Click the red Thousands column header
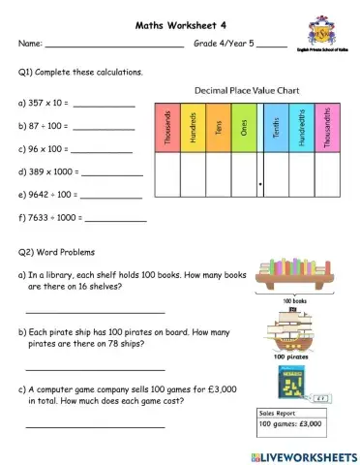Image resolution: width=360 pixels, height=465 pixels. click(x=167, y=127)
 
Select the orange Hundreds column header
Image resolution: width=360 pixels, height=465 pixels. click(x=194, y=127)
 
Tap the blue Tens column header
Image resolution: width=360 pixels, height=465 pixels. click(x=219, y=127)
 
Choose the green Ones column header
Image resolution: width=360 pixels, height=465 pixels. click(x=244, y=127)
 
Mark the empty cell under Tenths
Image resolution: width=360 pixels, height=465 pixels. click(x=277, y=174)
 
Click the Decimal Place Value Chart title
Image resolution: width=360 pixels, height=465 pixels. click(x=247, y=90)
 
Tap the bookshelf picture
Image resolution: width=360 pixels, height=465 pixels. click(x=301, y=275)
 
